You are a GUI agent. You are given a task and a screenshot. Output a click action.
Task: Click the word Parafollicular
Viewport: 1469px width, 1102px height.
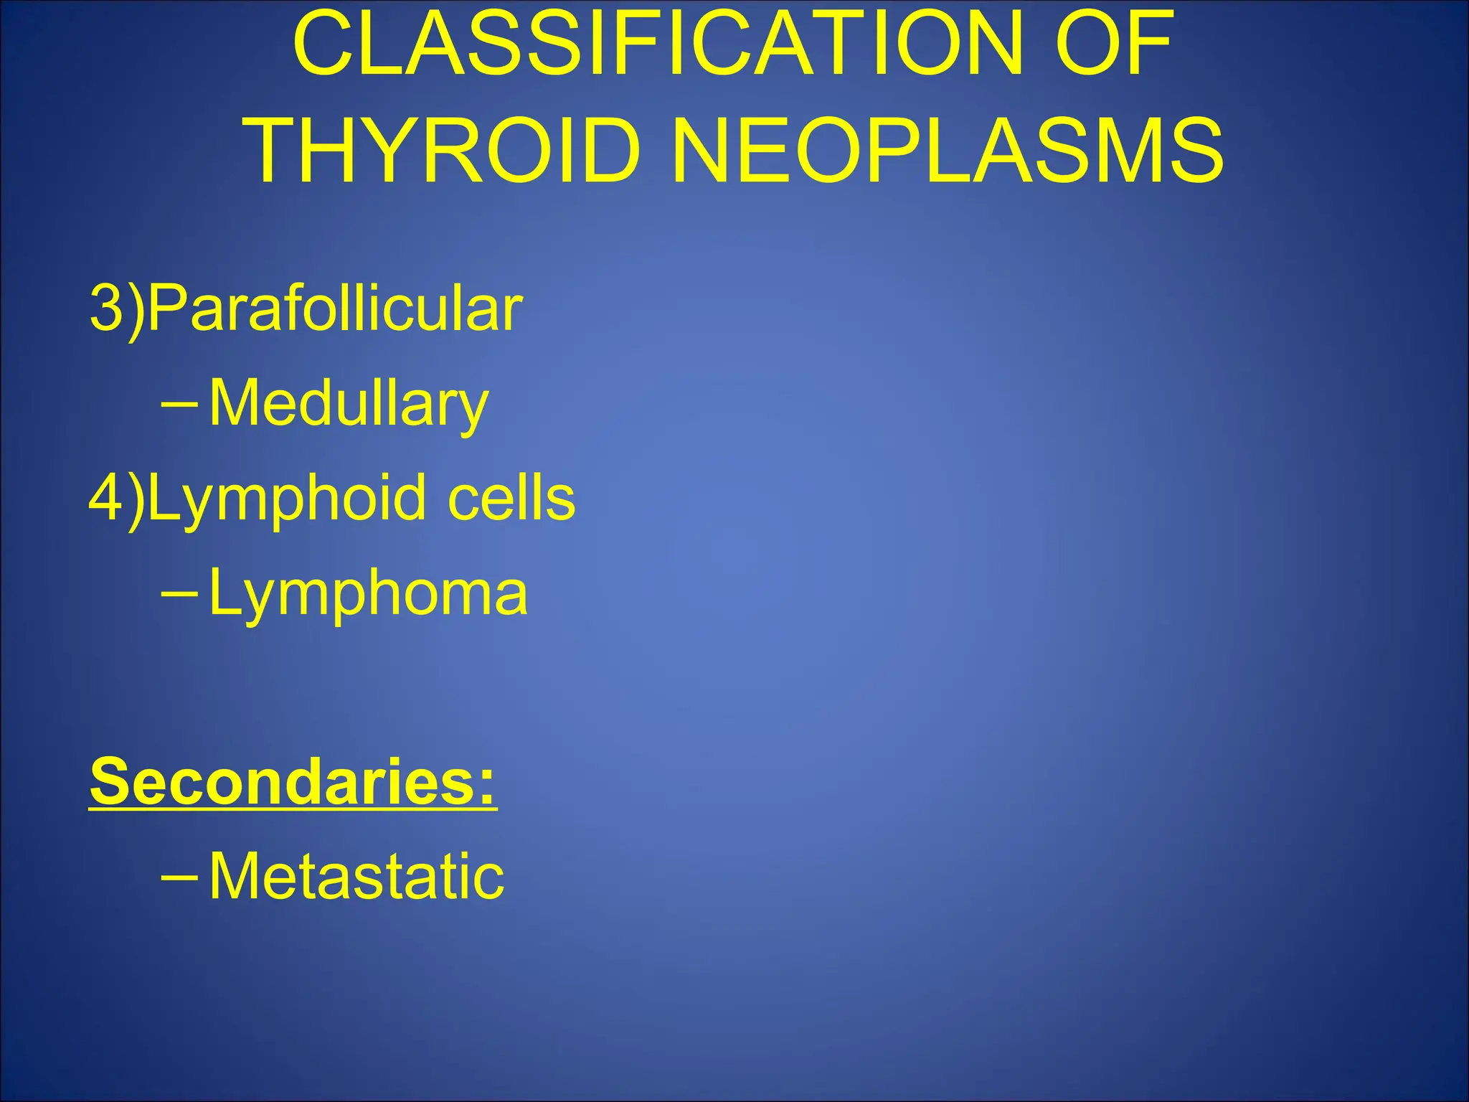[335, 309]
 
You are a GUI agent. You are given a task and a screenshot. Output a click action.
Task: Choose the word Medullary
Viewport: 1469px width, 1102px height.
[349, 403]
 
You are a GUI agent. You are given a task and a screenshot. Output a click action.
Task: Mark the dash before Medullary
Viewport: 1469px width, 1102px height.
[179, 404]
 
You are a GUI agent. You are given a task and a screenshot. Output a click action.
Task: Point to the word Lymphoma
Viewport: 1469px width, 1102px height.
[368, 595]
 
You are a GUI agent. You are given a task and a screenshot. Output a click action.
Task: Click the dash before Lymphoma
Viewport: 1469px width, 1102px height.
[179, 593]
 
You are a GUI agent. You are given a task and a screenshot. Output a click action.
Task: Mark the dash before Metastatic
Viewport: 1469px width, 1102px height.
[179, 876]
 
